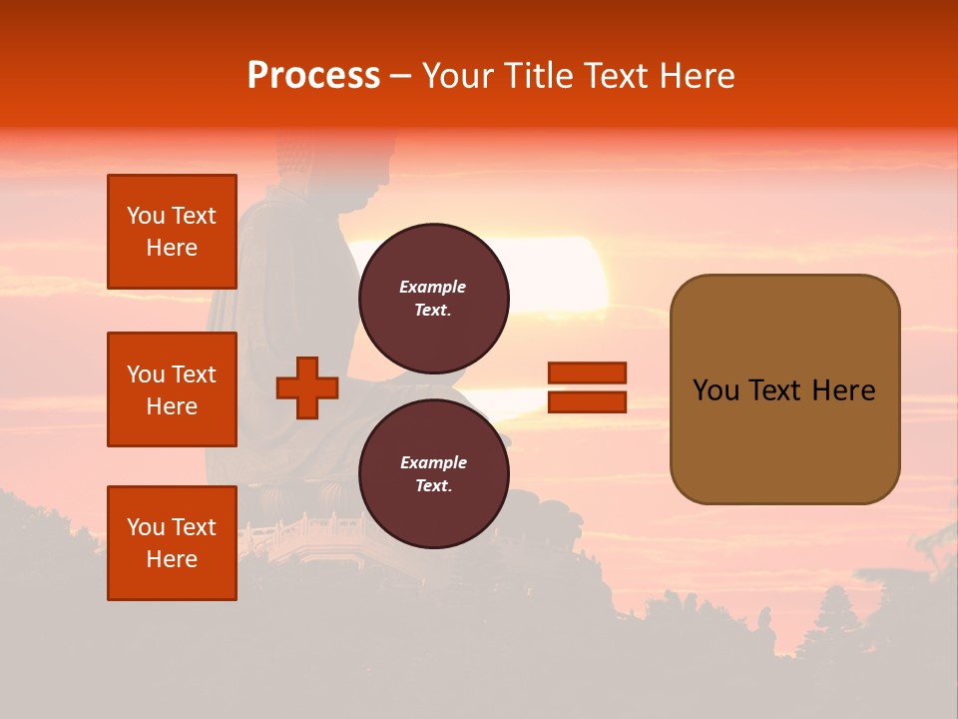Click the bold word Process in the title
click(313, 76)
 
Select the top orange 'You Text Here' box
click(172, 232)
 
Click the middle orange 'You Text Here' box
click(172, 389)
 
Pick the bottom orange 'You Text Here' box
click(172, 543)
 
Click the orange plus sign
click(307, 387)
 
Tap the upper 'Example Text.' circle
click(433, 298)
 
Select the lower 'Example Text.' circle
click(433, 473)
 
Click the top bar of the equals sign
click(587, 372)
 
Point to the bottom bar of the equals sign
click(587, 402)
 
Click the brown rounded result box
click(784, 389)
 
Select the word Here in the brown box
click(843, 390)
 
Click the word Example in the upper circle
click(433, 287)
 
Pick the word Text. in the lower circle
click(433, 485)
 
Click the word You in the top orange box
click(146, 216)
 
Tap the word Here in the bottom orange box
click(172, 559)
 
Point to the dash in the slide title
click(401, 76)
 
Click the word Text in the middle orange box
click(193, 374)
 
